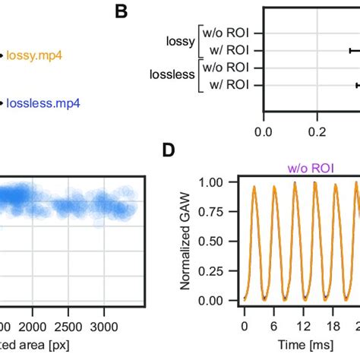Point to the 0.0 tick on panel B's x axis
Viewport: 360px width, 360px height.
coord(264,131)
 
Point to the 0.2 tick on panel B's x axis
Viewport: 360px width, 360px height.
coord(316,131)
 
